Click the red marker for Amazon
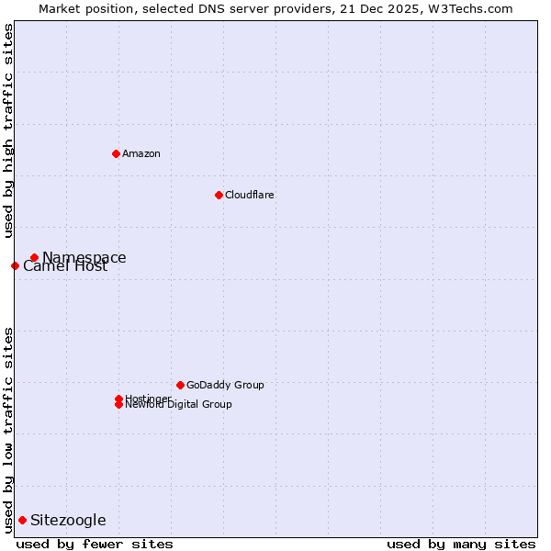tap(116, 153)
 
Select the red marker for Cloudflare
tap(219, 195)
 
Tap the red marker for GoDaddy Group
tap(180, 385)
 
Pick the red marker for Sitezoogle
tap(22, 520)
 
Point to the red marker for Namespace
tap(34, 257)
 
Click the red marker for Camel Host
tap(15, 265)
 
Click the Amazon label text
tap(141, 153)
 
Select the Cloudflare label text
tap(249, 195)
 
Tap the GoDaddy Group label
tap(225, 385)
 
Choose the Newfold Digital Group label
tap(178, 405)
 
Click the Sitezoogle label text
tap(68, 520)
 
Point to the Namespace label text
tap(84, 256)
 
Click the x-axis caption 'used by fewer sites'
tap(95, 544)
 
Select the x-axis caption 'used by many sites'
tap(461, 544)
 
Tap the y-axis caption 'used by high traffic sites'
tap(9, 130)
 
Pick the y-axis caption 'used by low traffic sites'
tap(9, 430)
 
